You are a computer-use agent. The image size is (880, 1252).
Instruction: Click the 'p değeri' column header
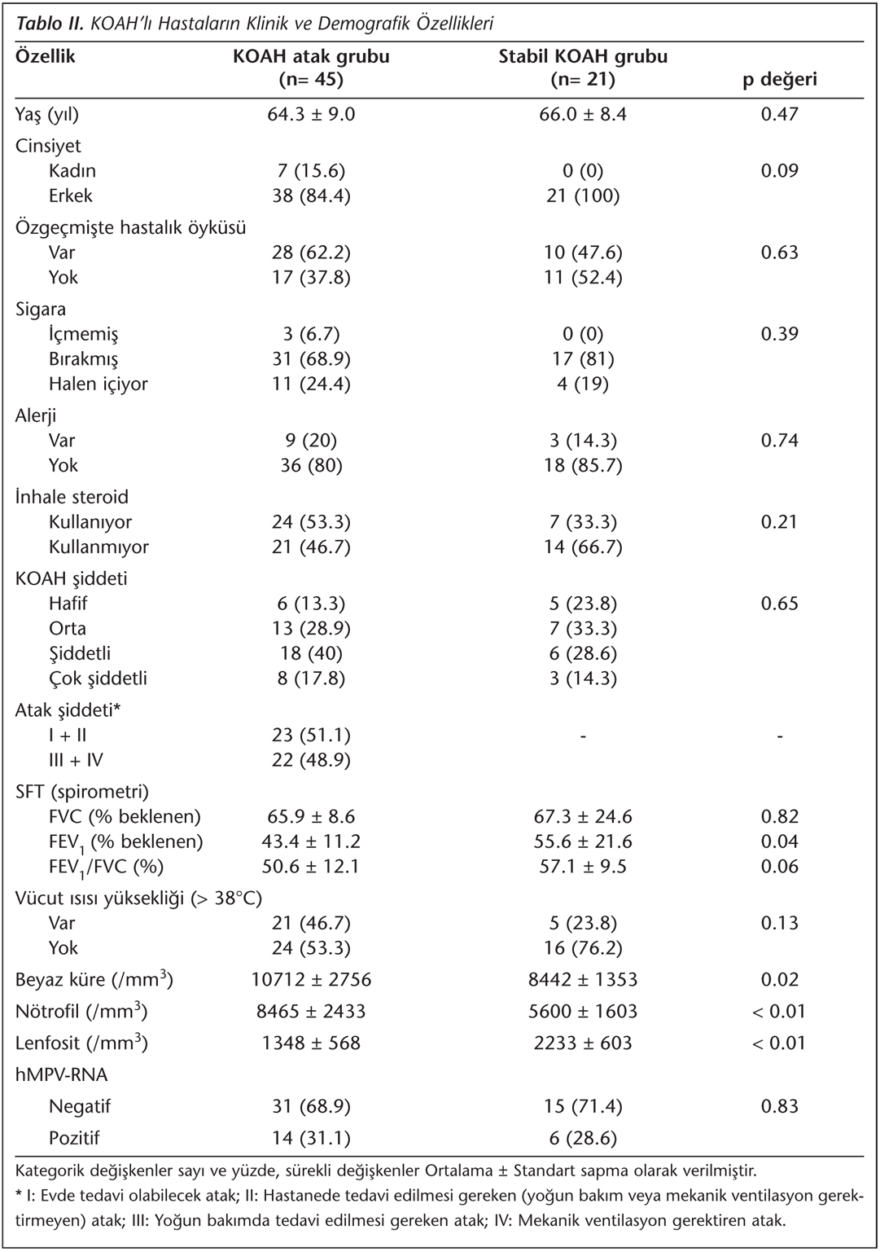click(779, 80)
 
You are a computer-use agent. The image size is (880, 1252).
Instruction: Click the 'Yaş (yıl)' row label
click(47, 114)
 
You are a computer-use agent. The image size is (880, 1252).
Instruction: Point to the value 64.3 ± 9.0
click(311, 114)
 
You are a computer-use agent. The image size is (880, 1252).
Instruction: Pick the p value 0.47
click(779, 114)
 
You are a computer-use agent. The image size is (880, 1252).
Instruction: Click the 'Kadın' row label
click(72, 171)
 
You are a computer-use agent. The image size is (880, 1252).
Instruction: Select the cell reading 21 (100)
click(583, 196)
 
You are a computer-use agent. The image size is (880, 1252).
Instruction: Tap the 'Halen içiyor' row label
click(98, 384)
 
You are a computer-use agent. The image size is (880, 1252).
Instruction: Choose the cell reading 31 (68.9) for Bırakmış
click(311, 359)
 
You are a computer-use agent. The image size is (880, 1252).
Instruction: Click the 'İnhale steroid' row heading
click(72, 498)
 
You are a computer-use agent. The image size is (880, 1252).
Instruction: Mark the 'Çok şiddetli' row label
click(98, 679)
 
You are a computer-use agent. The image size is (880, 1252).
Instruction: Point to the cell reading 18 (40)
click(311, 653)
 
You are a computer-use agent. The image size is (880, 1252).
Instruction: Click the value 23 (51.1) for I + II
click(311, 736)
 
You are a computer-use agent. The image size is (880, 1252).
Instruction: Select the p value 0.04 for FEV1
click(779, 841)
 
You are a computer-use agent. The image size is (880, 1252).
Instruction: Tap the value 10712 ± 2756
click(311, 979)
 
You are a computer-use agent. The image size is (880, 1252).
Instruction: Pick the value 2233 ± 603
click(583, 1043)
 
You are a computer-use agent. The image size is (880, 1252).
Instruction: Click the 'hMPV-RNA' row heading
click(61, 1075)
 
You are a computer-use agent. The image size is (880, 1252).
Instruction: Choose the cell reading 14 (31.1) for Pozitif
click(311, 1139)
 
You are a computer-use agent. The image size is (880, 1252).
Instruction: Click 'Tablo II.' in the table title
click(50, 24)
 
